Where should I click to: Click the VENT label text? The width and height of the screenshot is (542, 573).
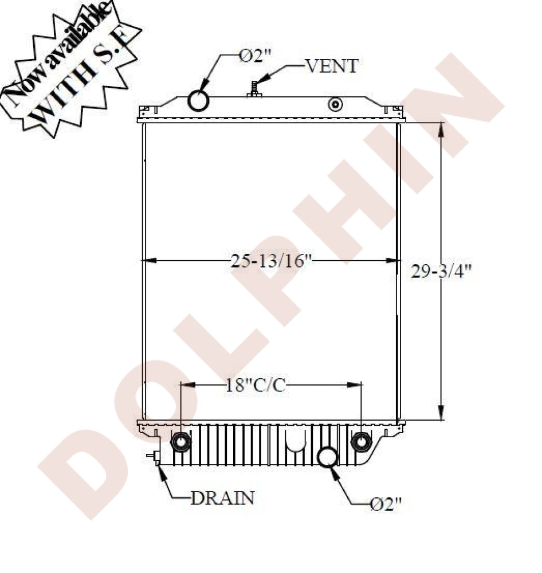[x=332, y=66]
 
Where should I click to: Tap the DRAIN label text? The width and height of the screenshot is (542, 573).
[x=222, y=497]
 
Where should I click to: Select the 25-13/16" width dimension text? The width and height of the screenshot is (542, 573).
[x=271, y=262]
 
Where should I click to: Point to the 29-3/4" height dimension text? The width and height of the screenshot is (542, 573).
[x=441, y=272]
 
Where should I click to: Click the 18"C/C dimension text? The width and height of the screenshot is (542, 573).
[x=255, y=386]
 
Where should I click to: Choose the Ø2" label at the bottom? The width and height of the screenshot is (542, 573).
[x=386, y=504]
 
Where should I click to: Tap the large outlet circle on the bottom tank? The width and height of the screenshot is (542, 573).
[x=329, y=457]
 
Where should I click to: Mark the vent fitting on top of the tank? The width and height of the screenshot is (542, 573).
[x=254, y=89]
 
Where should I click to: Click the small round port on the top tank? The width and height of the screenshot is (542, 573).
[x=335, y=105]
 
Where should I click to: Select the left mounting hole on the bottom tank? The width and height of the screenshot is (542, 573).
[x=180, y=442]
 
